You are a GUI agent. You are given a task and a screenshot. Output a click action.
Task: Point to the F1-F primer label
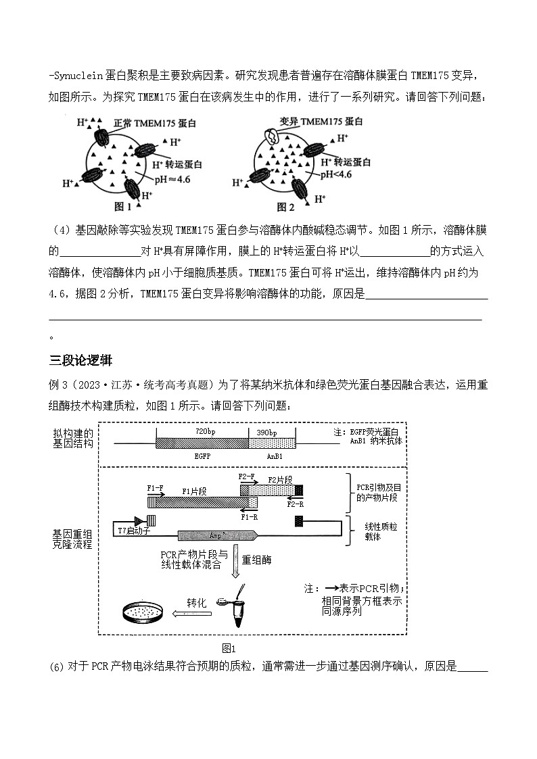[155, 487]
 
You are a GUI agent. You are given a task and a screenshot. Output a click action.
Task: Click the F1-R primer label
[250, 516]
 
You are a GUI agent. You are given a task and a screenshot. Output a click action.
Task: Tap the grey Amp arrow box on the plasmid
[218, 535]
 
